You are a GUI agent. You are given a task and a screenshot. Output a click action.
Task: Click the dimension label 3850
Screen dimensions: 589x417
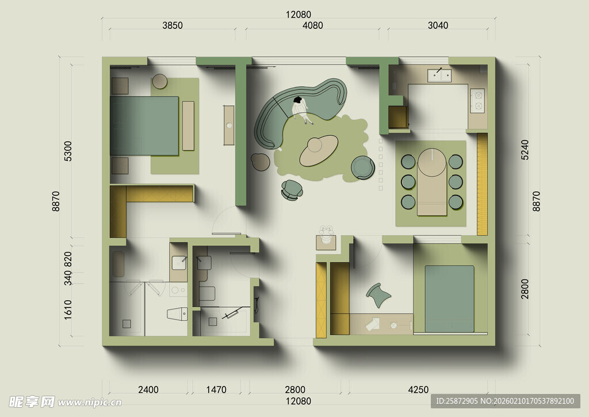pos(173,25)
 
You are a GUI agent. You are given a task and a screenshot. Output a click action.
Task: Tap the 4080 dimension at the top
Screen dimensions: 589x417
pos(312,25)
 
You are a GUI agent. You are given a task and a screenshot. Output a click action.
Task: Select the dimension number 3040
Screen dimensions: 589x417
pos(438,25)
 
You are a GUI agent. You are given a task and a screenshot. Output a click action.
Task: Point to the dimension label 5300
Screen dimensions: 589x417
pos(68,151)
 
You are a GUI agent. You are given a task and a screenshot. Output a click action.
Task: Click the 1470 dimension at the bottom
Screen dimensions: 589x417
pos(216,389)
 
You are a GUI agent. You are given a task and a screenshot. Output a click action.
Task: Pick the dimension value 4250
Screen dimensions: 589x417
pos(418,389)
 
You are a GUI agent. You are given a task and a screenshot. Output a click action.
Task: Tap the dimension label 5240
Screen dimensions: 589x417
pos(525,150)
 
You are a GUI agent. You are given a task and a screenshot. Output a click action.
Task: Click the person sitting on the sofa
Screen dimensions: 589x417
pos(301,110)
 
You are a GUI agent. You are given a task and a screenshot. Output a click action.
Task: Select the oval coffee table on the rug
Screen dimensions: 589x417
pos(319,150)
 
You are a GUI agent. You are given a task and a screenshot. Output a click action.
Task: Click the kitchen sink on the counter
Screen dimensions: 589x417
pos(439,75)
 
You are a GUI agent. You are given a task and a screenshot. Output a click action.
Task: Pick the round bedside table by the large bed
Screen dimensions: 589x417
pos(160,81)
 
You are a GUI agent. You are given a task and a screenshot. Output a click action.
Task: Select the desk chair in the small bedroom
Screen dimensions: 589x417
pos(378,295)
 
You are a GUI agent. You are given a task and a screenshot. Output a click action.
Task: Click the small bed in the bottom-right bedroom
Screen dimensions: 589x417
pos(450,299)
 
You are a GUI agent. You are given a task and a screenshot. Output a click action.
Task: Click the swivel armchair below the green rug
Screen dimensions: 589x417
pos(292,190)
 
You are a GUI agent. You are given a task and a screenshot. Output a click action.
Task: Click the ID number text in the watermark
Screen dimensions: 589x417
pos(457,401)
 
